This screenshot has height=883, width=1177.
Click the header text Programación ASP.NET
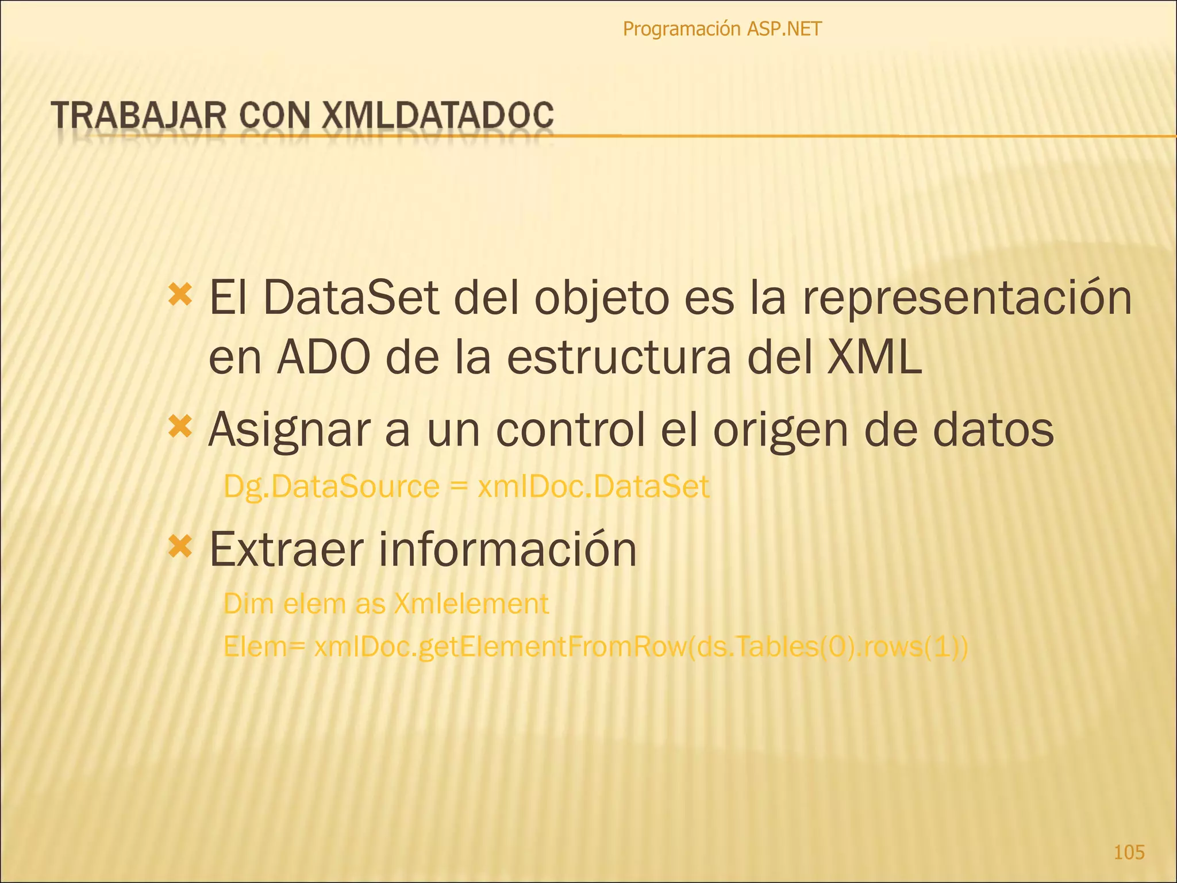[722, 29]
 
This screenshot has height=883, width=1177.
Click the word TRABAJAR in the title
[139, 115]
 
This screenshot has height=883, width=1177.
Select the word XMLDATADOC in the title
[437, 115]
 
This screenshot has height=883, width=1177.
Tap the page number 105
[1129, 852]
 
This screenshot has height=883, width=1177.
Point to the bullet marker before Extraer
[180, 547]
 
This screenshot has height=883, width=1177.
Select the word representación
[966, 299]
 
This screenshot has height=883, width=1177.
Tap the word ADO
[323, 359]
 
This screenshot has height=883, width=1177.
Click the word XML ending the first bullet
[874, 359]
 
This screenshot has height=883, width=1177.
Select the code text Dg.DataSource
[331, 487]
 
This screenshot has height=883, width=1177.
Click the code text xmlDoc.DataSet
[593, 487]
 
